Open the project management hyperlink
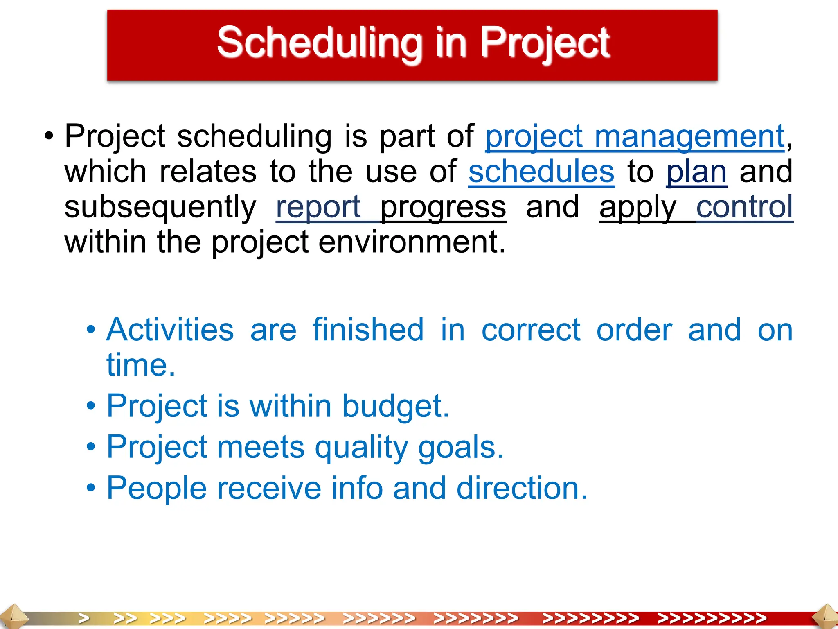pos(635,137)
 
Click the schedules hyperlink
pos(541,172)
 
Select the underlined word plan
pos(696,172)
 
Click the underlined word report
pos(318,207)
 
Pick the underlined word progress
pos(443,207)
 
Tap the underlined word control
pos(744,207)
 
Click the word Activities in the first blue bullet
pos(170,330)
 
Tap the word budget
pos(395,406)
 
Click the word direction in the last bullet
pos(522,488)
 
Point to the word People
pos(157,488)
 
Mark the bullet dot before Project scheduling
pos(49,137)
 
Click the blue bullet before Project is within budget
pos(91,406)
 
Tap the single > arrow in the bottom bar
pos(84,618)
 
